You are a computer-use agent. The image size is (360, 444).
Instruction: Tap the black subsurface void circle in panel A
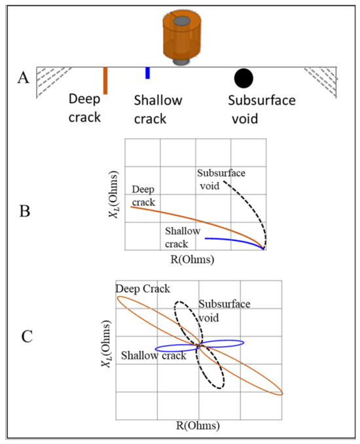pyautogui.click(x=243, y=78)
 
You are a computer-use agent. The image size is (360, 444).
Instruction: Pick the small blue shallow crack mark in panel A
pyautogui.click(x=148, y=73)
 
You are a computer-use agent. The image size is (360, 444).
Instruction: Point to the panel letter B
pyautogui.click(x=24, y=213)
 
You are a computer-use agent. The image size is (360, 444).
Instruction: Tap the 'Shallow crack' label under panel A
pyautogui.click(x=158, y=109)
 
